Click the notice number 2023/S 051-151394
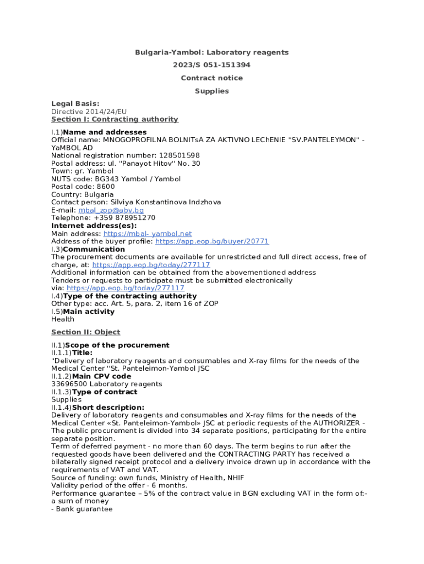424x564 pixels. click(212, 65)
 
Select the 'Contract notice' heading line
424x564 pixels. click(212, 78)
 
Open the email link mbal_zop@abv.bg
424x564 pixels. click(111, 210)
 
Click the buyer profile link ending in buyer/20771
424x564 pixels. click(212, 242)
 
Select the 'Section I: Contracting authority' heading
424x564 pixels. click(115, 120)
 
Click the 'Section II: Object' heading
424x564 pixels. click(85, 333)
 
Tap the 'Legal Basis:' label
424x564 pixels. click(75, 104)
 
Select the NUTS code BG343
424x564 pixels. click(107, 180)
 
